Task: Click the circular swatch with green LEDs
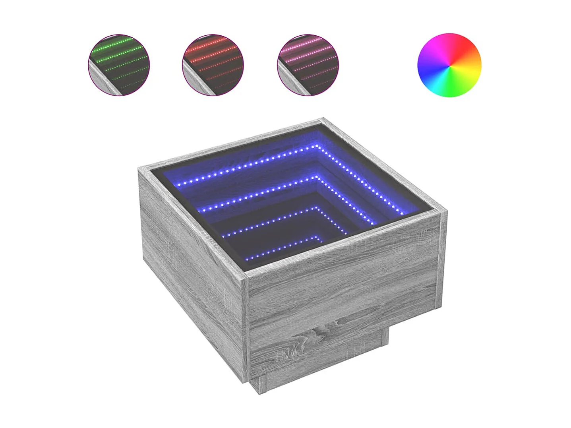pyautogui.click(x=119, y=65)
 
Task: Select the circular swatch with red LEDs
pyautogui.click(x=213, y=65)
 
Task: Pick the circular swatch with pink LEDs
pyautogui.click(x=308, y=65)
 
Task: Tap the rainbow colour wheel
pyautogui.click(x=449, y=65)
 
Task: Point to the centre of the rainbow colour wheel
pyautogui.click(x=449, y=65)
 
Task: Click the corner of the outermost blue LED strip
pyautogui.click(x=318, y=146)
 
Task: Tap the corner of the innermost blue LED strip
pyautogui.click(x=319, y=237)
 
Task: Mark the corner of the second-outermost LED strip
pyautogui.click(x=319, y=176)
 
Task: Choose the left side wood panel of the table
pyautogui.click(x=191, y=254)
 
